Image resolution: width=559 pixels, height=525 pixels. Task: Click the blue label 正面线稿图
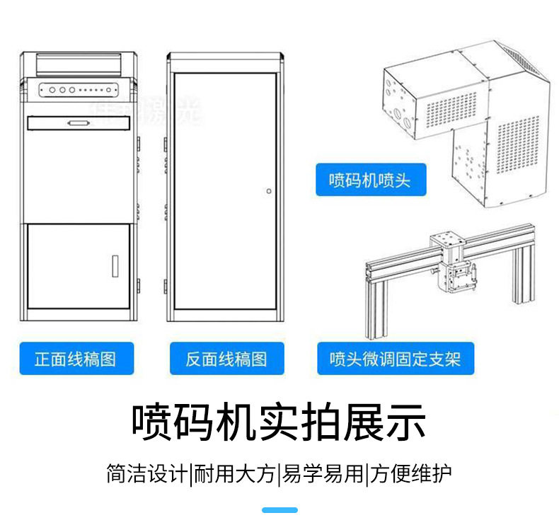(76, 359)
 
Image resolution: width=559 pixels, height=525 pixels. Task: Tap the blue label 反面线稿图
(226, 359)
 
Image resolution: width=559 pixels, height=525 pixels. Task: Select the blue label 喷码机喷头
(370, 180)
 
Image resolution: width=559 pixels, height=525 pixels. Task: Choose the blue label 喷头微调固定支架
(395, 359)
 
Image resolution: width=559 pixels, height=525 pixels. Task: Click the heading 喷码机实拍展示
(279, 422)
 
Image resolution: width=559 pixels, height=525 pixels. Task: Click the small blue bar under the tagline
(279, 509)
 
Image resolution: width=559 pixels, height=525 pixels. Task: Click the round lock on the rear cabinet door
(268, 191)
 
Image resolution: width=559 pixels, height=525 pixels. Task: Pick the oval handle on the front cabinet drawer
(79, 124)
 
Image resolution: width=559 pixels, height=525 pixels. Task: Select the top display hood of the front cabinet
(79, 63)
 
